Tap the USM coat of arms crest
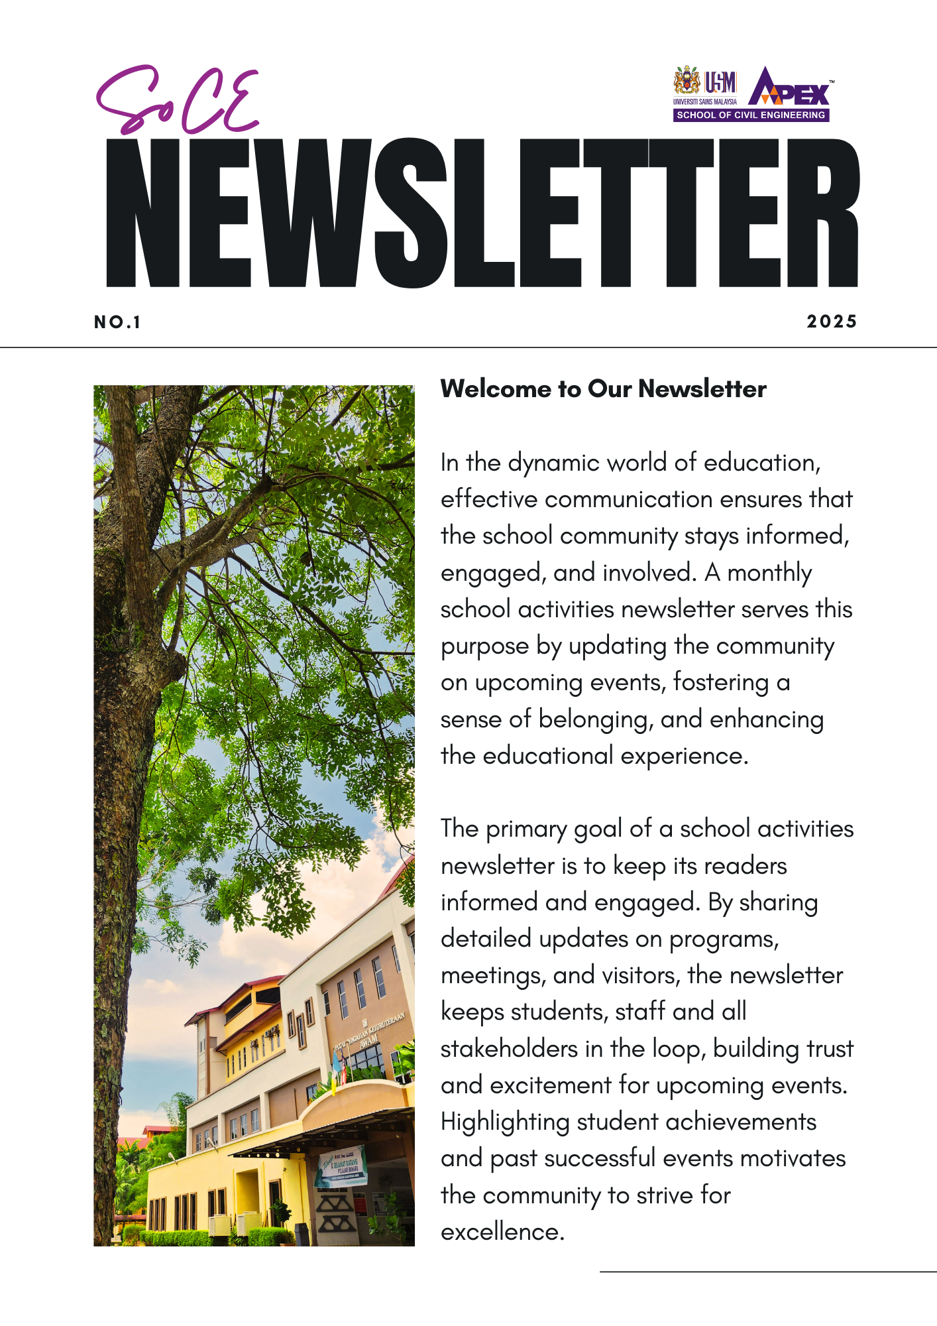pos(687,81)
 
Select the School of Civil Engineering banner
pos(751,115)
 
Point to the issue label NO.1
pos(117,323)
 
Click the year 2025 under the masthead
pos(832,322)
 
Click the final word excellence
pos(502,1233)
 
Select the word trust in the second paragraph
pos(829,1050)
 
